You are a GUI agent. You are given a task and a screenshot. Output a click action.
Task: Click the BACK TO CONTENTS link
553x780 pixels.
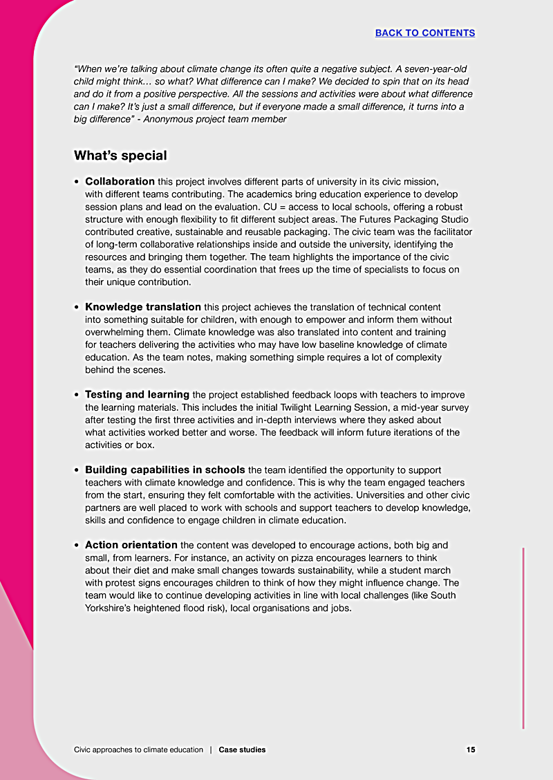pyautogui.click(x=424, y=32)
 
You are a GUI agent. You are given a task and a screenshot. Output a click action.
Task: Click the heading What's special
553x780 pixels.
pyautogui.click(x=120, y=156)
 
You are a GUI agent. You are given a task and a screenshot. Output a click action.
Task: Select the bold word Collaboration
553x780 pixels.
pyautogui.click(x=120, y=182)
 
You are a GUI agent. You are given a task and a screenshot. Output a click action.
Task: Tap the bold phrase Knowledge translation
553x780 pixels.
pyautogui.click(x=143, y=307)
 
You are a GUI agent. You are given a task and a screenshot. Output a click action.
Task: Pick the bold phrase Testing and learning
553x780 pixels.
pyautogui.click(x=137, y=395)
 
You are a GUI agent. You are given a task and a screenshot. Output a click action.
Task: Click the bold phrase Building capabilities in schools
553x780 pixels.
pyautogui.click(x=165, y=470)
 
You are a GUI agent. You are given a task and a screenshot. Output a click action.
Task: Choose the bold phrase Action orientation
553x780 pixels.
pyautogui.click(x=131, y=546)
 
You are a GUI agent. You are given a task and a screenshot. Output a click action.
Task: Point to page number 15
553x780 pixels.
pyautogui.click(x=470, y=750)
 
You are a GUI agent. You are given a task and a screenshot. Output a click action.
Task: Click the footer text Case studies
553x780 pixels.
pyautogui.click(x=242, y=750)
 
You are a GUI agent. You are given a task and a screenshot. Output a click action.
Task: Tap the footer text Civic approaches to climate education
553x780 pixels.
pyautogui.click(x=138, y=750)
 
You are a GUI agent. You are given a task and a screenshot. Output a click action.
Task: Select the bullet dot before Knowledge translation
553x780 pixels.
pyautogui.click(x=77, y=307)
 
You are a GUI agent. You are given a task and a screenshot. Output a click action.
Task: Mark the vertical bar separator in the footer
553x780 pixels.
pyautogui.click(x=211, y=750)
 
